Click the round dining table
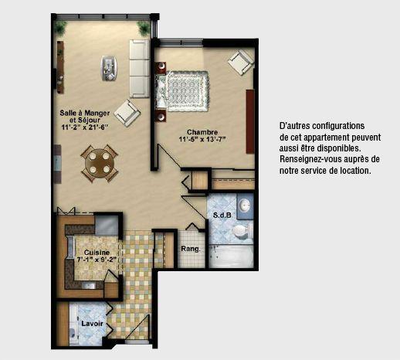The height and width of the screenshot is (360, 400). tap(100, 163)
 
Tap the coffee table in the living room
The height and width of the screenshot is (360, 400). tap(109, 68)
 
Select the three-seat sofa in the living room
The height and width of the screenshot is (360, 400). tap(139, 69)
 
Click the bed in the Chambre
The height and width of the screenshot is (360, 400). tap(182, 91)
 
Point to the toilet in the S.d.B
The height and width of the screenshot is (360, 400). tap(242, 231)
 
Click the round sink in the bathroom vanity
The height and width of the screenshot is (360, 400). tap(244, 205)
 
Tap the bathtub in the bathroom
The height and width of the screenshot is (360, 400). tap(231, 256)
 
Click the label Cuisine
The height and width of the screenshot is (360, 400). tap(97, 253)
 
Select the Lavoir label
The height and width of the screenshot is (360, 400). tap(92, 324)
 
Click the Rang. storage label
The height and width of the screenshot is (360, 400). tap(191, 249)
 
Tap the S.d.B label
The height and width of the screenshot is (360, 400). tap(222, 215)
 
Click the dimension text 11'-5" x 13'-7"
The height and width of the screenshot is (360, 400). tap(202, 139)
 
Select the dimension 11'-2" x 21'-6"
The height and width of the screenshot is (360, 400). tap(84, 127)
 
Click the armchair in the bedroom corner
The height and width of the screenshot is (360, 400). tap(241, 62)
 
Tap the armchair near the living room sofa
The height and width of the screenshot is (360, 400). tap(127, 113)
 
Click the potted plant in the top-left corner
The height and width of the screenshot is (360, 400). tap(61, 27)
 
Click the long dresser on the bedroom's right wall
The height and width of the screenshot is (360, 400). tap(250, 121)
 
